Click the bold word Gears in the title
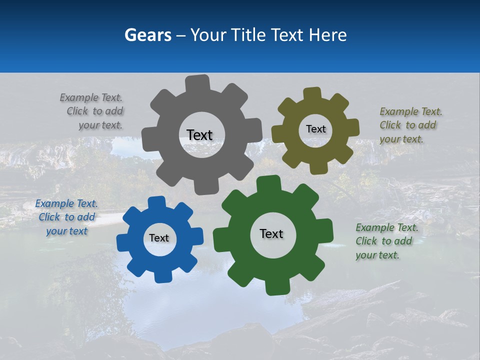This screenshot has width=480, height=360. coord(147,35)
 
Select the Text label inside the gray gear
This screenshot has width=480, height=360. coord(199,135)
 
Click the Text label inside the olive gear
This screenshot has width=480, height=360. coord(315,129)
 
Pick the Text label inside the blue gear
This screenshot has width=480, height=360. coord(159,238)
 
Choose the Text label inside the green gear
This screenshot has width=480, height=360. coord(271,234)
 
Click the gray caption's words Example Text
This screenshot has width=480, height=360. coord(91,97)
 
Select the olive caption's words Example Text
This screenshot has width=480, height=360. coord(411,111)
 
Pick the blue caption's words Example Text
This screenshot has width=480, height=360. coord(66,203)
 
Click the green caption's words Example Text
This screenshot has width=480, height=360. coord(387,227)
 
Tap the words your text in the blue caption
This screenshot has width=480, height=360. coord(67,231)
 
